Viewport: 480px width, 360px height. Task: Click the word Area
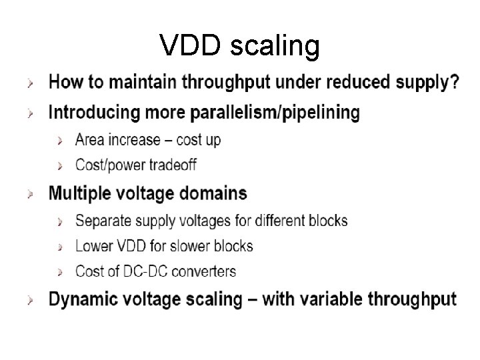90,140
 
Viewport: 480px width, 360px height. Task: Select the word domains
210,194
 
